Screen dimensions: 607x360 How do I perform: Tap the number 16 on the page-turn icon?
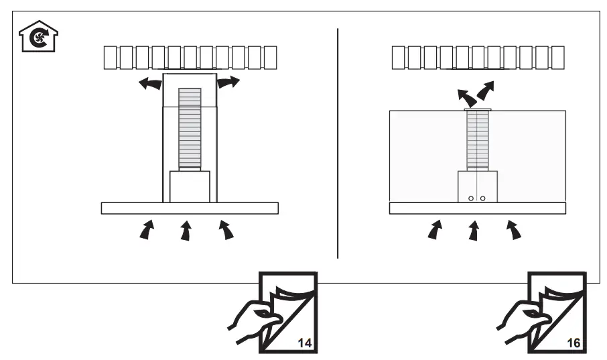[573, 342]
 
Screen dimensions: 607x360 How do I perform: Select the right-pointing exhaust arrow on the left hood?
[228, 82]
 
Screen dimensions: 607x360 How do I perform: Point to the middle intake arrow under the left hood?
[186, 231]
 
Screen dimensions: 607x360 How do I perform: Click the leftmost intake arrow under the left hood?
[146, 231]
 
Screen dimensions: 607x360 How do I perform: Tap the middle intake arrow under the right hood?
[474, 231]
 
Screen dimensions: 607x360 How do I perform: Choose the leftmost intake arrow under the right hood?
[435, 231]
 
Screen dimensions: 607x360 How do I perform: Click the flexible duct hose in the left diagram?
[190, 127]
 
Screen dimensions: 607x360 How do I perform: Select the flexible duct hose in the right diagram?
[478, 138]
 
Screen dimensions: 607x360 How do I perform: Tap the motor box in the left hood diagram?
[190, 186]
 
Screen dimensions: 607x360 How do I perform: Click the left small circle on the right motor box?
[471, 198]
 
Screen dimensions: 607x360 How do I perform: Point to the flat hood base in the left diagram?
[190, 208]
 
